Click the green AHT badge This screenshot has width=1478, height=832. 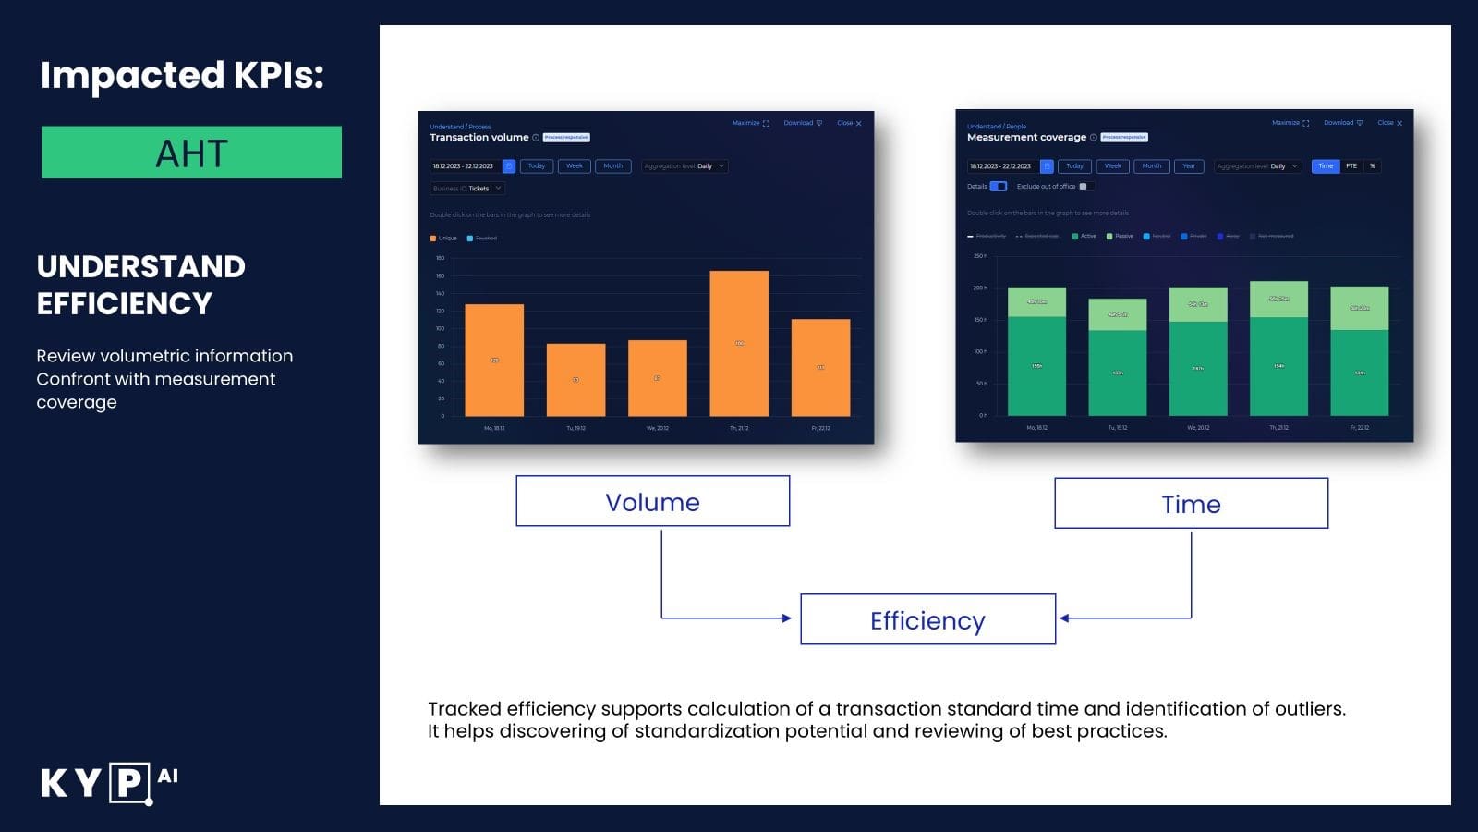(191, 153)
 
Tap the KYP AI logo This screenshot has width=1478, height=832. (109, 782)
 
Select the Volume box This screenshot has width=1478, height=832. (652, 501)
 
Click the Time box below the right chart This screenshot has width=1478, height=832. (1191, 504)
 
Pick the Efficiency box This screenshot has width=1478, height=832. (927, 619)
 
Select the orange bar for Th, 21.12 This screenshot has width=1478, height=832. (739, 343)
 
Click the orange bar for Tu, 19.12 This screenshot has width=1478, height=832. (575, 379)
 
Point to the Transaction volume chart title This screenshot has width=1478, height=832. (479, 137)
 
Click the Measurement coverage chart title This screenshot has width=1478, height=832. (1026, 137)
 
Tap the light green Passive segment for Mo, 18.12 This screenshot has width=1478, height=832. (1036, 301)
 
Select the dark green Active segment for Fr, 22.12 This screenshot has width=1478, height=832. (1359, 373)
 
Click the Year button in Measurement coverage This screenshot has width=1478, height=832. (1189, 166)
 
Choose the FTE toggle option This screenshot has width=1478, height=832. (1351, 166)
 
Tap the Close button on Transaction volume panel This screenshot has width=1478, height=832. (849, 123)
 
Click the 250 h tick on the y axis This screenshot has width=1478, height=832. (980, 256)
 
